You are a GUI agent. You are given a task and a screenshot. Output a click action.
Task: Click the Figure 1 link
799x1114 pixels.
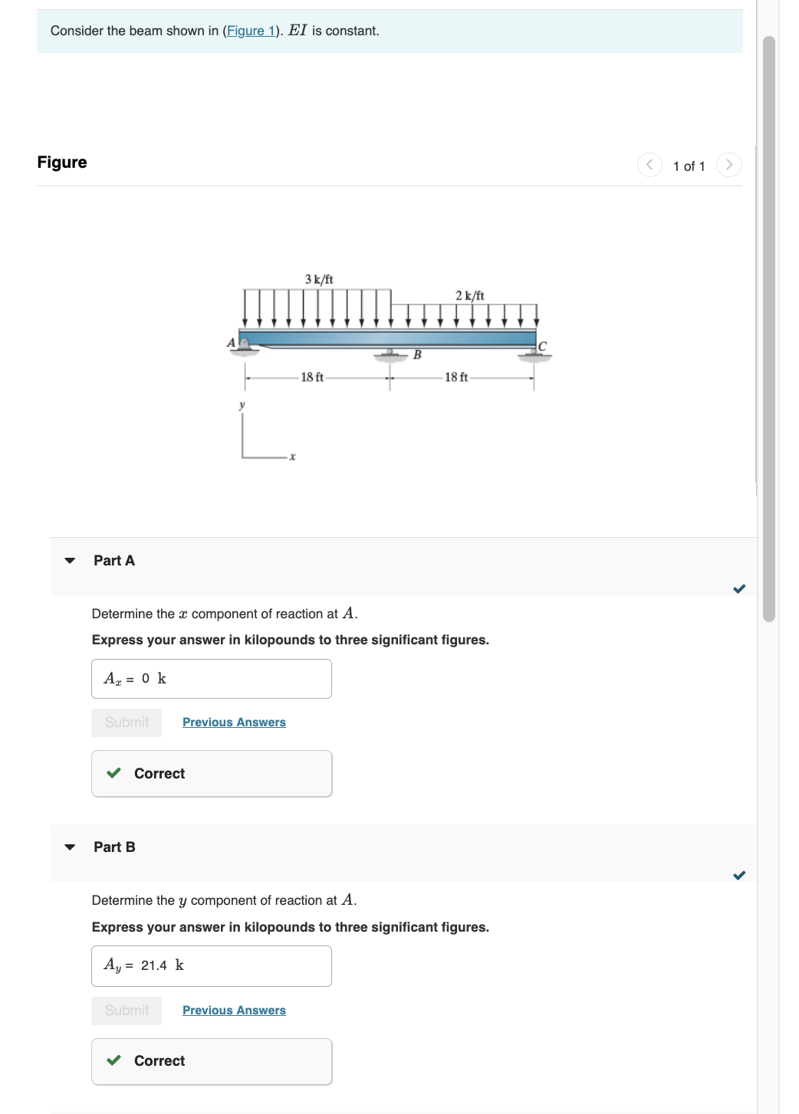pyautogui.click(x=251, y=31)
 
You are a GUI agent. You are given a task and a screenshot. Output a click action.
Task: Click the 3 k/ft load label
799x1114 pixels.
pyautogui.click(x=319, y=279)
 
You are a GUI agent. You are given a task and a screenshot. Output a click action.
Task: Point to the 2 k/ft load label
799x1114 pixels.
pyautogui.click(x=469, y=295)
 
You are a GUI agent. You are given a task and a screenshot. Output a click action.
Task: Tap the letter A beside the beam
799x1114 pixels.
pyautogui.click(x=231, y=342)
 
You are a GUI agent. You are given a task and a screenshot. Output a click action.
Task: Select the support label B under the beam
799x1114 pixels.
pyautogui.click(x=417, y=355)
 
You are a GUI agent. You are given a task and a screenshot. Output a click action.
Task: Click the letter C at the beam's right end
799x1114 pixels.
pyautogui.click(x=542, y=346)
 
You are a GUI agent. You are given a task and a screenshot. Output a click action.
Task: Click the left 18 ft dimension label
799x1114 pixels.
pyautogui.click(x=312, y=377)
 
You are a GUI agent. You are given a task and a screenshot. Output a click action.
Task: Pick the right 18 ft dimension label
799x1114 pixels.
pyautogui.click(x=456, y=377)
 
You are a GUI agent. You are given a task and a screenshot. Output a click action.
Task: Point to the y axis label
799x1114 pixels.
pyautogui.click(x=242, y=405)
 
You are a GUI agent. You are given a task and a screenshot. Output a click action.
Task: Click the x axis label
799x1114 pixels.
pyautogui.click(x=292, y=457)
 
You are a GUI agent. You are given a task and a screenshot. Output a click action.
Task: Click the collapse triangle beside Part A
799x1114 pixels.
pyautogui.click(x=70, y=561)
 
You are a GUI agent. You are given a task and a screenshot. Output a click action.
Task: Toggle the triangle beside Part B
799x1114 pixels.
pyautogui.click(x=70, y=847)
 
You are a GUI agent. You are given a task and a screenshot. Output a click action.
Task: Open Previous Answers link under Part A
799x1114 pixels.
pyautogui.click(x=234, y=722)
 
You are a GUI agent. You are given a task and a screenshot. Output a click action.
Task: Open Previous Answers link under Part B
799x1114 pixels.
pyautogui.click(x=234, y=1011)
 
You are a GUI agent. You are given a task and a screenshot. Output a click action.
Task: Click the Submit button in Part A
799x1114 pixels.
pyautogui.click(x=127, y=722)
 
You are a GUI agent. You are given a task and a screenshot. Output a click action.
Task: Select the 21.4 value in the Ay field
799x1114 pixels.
pyautogui.click(x=153, y=965)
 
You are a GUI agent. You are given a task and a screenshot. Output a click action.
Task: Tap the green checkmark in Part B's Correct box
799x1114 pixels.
pyautogui.click(x=114, y=1060)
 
